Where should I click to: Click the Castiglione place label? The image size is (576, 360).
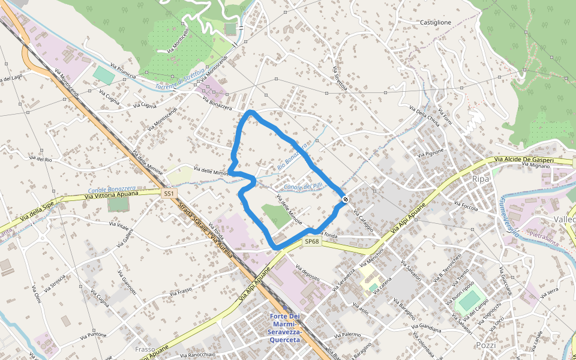click(435, 22)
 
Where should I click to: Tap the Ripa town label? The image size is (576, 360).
click(481, 179)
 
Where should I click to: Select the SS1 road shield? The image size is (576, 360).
click(170, 193)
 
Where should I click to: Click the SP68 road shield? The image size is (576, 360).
click(311, 241)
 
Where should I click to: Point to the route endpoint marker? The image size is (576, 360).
click(346, 199)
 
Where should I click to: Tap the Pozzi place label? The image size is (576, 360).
click(485, 346)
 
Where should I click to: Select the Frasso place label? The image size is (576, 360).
click(145, 349)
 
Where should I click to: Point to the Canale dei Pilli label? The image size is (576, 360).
click(303, 187)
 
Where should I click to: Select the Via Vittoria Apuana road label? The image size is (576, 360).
click(112, 194)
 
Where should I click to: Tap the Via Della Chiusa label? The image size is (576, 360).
click(425, 116)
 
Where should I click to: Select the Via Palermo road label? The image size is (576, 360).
click(347, 335)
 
